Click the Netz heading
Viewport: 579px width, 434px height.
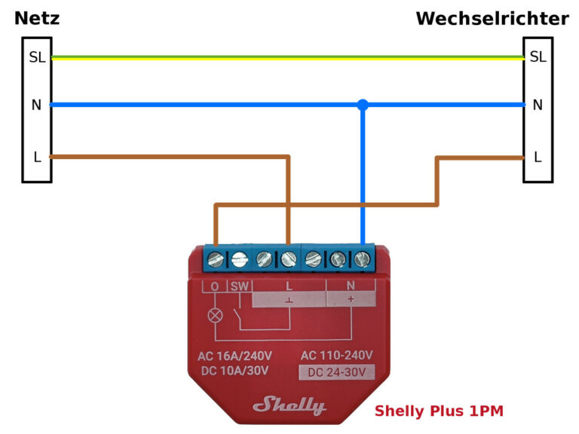37,18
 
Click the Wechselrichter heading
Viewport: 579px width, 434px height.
492,18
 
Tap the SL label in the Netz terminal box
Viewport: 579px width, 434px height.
36,57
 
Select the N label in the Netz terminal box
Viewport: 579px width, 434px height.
36,105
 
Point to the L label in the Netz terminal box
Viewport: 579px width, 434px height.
36,157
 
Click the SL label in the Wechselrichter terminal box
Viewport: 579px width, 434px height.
538,57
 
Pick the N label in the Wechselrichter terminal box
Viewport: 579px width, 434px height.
538,105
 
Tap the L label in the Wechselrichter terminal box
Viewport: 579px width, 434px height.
538,157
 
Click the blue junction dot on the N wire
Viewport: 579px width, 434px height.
363,105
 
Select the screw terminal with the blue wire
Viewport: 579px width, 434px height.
363,259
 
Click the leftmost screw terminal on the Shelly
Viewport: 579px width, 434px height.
215,259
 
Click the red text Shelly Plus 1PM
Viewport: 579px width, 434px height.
439,411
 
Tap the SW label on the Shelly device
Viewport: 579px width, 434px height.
238,286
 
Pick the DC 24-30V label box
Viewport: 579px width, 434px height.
336,371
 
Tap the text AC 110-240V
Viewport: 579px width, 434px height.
336,355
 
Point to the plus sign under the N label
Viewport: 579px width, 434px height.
350,299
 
